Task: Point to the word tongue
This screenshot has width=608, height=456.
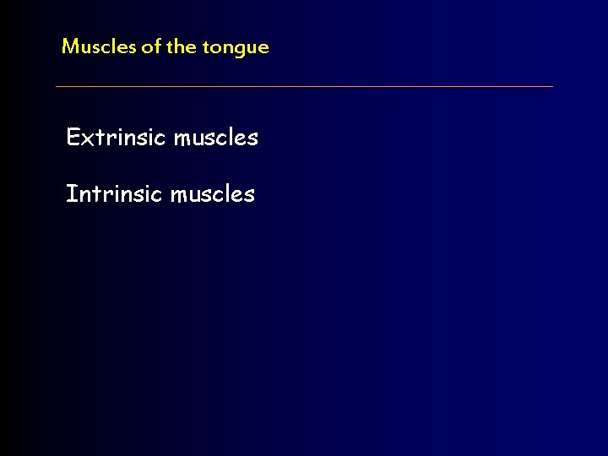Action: [x=236, y=48]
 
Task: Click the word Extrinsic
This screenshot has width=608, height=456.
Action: [x=117, y=137]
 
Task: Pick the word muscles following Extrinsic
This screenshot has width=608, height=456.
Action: [x=215, y=137]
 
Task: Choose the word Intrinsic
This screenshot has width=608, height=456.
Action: [x=115, y=194]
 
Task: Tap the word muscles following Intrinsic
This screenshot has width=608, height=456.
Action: [x=212, y=194]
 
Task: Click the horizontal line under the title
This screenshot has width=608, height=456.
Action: [x=304, y=86]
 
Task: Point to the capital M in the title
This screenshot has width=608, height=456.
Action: [x=70, y=46]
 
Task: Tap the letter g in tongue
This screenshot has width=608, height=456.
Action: [x=241, y=50]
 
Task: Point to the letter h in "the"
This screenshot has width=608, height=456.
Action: [x=180, y=46]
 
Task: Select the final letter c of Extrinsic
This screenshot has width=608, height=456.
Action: [x=162, y=138]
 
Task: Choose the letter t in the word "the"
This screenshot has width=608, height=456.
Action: [x=171, y=46]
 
